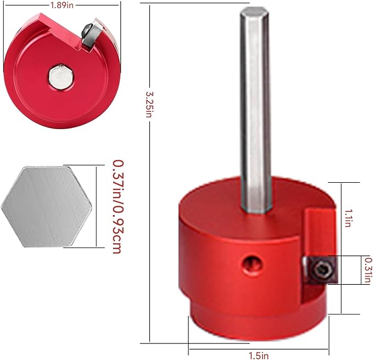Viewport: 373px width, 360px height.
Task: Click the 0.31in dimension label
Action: click(366, 270)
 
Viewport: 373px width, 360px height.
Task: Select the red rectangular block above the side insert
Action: click(318, 230)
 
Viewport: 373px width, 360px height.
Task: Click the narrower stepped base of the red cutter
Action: click(258, 324)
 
